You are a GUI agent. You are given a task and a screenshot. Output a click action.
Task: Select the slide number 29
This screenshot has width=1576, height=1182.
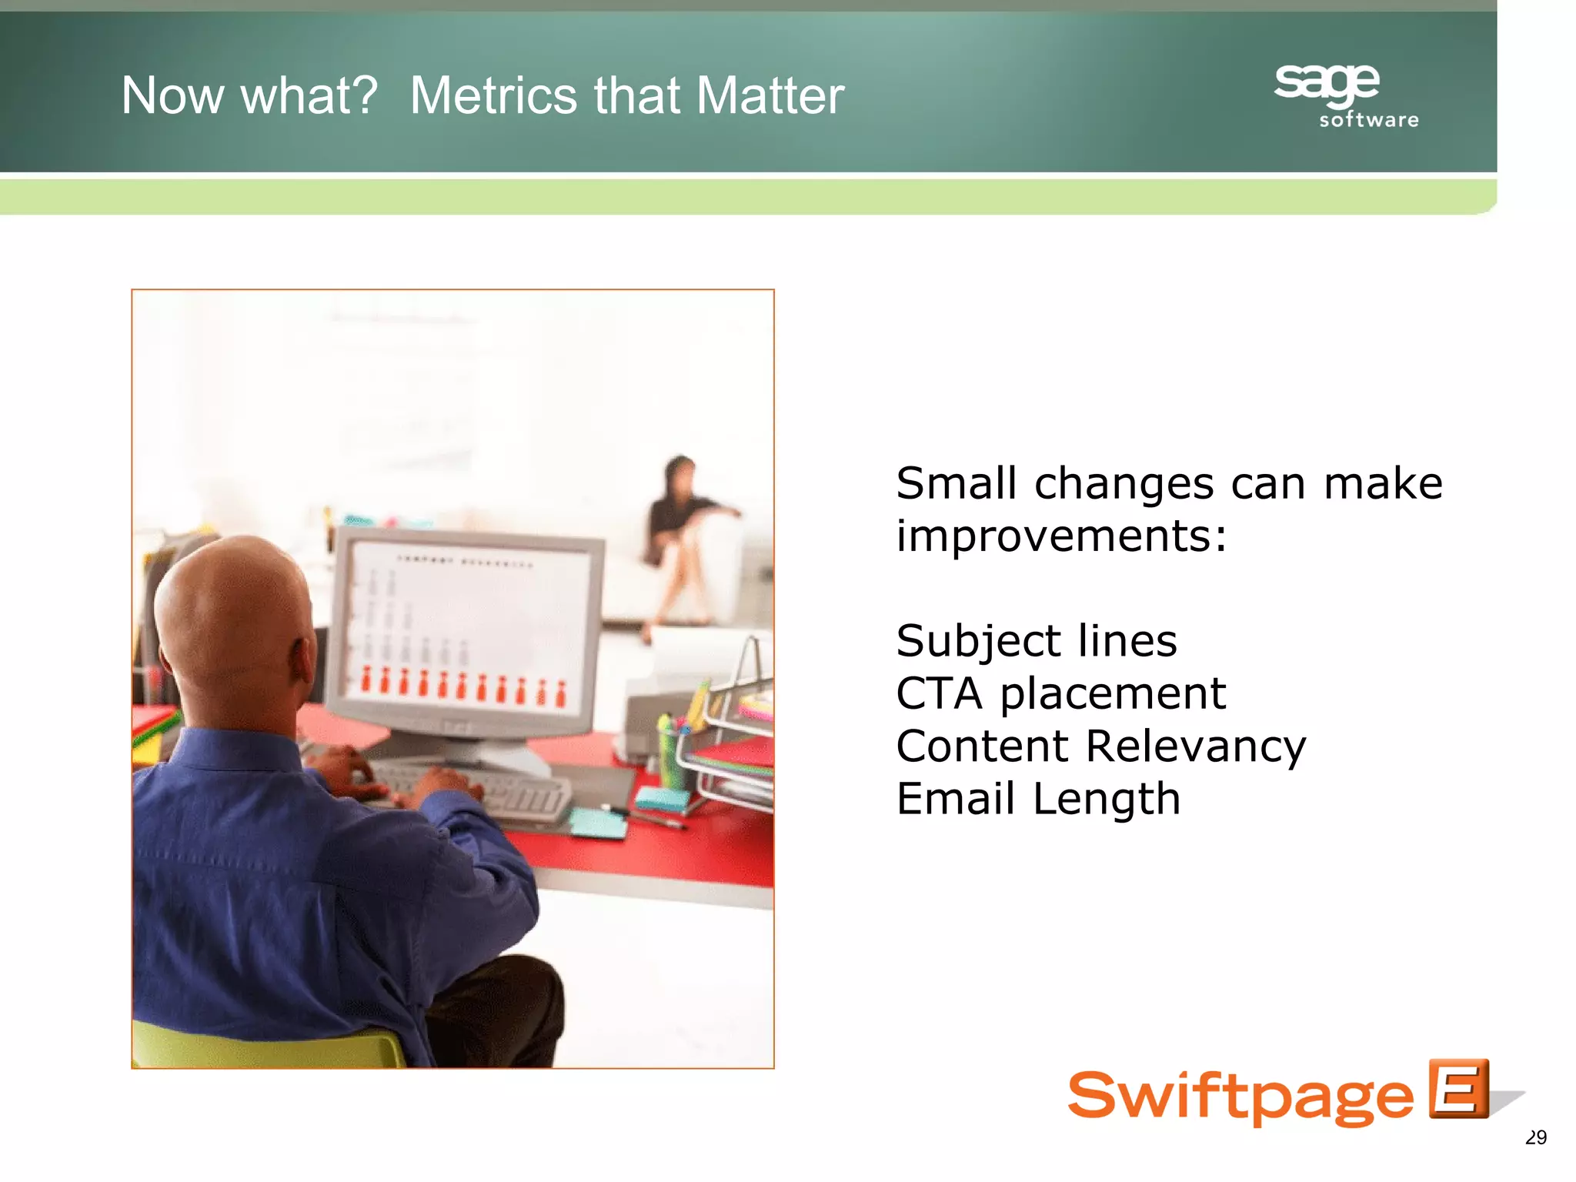point(1535,1137)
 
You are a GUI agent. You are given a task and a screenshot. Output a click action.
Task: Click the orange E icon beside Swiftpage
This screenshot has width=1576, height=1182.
point(1457,1089)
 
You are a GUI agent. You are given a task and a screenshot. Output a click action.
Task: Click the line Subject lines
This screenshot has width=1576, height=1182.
point(1036,641)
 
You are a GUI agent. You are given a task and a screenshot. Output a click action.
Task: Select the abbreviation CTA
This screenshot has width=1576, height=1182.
point(940,693)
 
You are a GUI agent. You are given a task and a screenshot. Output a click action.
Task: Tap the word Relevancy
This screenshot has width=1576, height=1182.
point(1196,746)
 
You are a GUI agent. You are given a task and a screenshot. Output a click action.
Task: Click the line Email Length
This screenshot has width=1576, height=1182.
point(1037,799)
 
